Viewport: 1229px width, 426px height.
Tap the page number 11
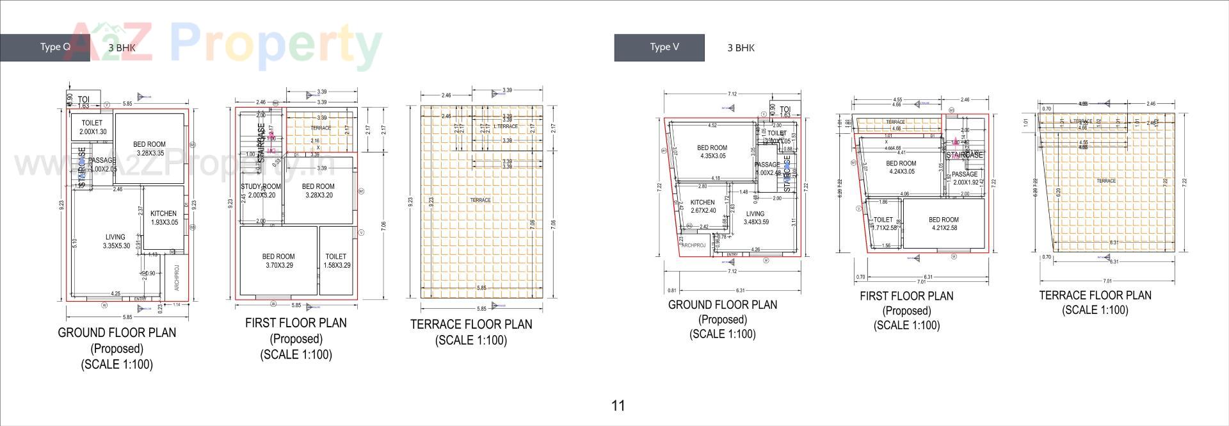(x=618, y=406)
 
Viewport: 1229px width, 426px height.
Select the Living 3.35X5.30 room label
(x=116, y=242)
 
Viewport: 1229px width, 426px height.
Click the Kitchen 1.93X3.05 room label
(x=164, y=218)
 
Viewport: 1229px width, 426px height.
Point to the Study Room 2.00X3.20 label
(x=261, y=191)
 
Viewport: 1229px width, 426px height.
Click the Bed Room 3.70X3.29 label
(x=278, y=260)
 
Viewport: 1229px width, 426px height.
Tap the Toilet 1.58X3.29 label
(x=336, y=260)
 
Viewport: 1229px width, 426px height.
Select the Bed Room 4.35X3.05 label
(x=712, y=152)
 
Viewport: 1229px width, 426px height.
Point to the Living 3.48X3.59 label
(x=755, y=218)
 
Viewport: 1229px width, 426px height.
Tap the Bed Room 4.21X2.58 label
(x=944, y=224)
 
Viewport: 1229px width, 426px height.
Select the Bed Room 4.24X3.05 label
(x=901, y=167)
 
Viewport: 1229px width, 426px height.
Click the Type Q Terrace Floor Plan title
(x=471, y=325)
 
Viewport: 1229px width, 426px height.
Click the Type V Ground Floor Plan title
(x=723, y=305)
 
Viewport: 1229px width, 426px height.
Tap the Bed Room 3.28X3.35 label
(x=149, y=149)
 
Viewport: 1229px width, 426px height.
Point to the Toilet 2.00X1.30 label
(x=92, y=127)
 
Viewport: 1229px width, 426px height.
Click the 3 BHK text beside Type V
(x=741, y=47)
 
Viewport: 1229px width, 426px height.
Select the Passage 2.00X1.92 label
(x=965, y=178)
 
